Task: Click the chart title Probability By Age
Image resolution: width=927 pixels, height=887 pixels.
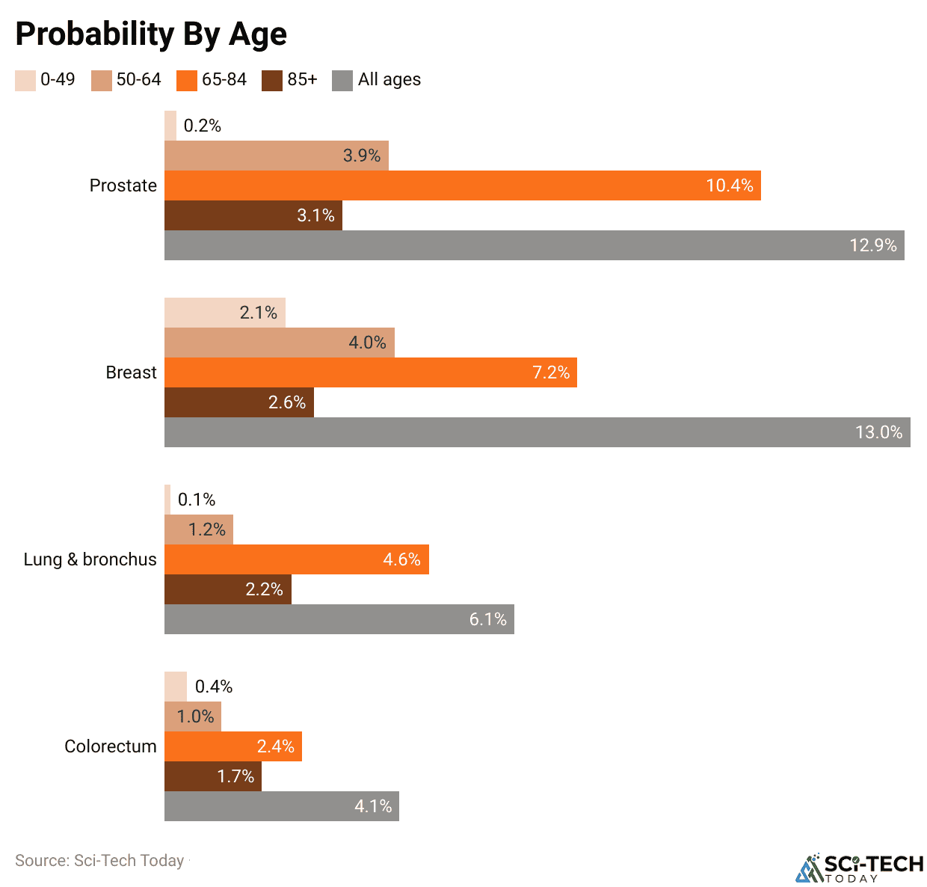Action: pyautogui.click(x=151, y=34)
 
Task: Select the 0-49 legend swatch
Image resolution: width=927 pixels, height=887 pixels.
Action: pyautogui.click(x=25, y=81)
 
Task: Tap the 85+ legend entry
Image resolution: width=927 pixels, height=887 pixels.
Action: pyautogui.click(x=290, y=80)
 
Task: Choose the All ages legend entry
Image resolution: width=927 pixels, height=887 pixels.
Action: pyautogui.click(x=377, y=80)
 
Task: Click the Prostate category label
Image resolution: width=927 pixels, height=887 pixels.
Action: pyautogui.click(x=123, y=185)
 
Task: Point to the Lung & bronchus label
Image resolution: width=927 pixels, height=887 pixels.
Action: pyautogui.click(x=90, y=559)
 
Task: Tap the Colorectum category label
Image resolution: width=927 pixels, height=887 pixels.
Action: pyautogui.click(x=110, y=746)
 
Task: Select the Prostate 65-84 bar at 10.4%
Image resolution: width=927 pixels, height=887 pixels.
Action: pyautogui.click(x=462, y=185)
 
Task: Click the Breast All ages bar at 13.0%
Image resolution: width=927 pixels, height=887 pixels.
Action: pyautogui.click(x=537, y=432)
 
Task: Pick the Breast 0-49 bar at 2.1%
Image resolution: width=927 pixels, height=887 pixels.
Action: pyautogui.click(x=224, y=313)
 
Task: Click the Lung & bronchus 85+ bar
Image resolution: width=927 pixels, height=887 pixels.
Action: pyautogui.click(x=227, y=589)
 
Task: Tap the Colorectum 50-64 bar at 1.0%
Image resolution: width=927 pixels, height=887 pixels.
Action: pyautogui.click(x=192, y=716)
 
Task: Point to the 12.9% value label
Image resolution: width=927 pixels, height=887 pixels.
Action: pyautogui.click(x=872, y=245)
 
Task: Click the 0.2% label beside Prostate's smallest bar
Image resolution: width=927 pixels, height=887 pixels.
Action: pyautogui.click(x=203, y=126)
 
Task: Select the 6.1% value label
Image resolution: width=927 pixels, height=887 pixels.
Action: pyautogui.click(x=487, y=619)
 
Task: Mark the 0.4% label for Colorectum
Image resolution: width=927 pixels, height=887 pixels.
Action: pyautogui.click(x=214, y=687)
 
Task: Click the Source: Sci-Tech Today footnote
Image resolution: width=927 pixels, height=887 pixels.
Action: pyautogui.click(x=99, y=861)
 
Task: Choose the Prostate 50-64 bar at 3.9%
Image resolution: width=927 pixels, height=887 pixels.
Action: pyautogui.click(x=276, y=156)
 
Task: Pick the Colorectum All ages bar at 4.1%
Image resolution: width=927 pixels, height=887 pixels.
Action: pyautogui.click(x=281, y=806)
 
